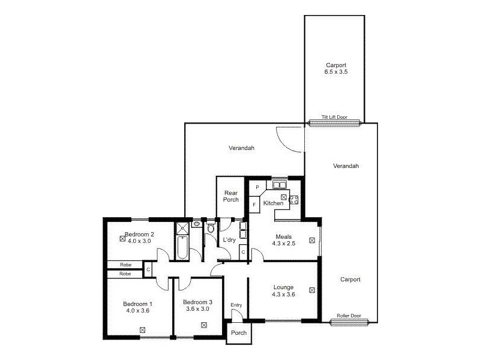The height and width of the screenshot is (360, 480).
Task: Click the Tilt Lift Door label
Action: tap(335, 118)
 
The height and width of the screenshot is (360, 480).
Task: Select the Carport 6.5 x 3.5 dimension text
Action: tap(335, 72)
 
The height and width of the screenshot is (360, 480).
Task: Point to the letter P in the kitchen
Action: tap(257, 188)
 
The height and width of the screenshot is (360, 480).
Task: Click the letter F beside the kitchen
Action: tap(254, 205)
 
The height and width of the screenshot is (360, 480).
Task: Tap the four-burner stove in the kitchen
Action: tap(294, 199)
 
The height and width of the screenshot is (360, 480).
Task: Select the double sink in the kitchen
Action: tap(280, 185)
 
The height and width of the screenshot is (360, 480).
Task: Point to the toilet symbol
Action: tap(210, 228)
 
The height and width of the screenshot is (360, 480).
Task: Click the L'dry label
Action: tap(229, 240)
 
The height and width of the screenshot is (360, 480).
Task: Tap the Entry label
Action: tap(236, 305)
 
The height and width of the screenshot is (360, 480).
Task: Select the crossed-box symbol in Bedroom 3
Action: tap(204, 325)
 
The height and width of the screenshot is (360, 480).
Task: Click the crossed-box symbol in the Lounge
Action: tap(311, 290)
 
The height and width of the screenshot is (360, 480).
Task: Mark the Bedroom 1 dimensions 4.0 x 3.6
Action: tap(137, 311)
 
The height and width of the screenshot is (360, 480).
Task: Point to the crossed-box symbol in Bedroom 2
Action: tap(122, 238)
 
